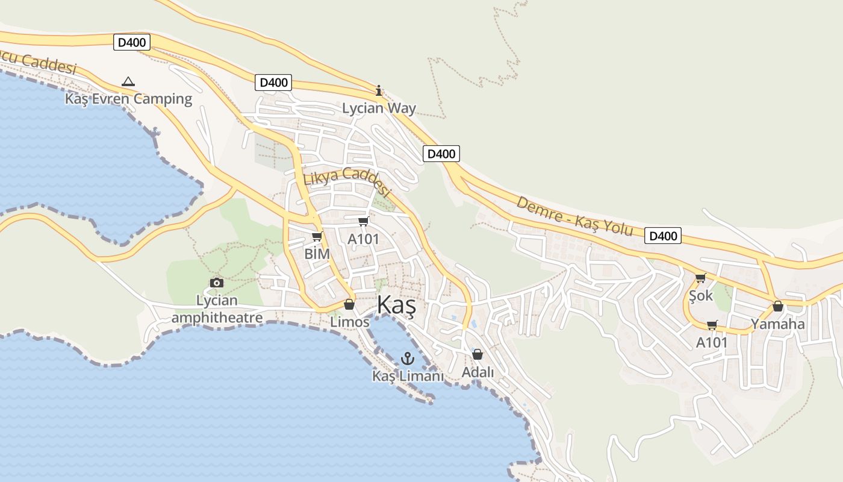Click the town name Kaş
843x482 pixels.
pyautogui.click(x=396, y=306)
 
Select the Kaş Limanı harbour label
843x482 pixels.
pyautogui.click(x=408, y=376)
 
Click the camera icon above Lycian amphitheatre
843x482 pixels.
pyautogui.click(x=217, y=283)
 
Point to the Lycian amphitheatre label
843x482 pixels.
pyautogui.click(x=217, y=309)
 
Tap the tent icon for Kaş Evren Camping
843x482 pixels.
pyautogui.click(x=128, y=81)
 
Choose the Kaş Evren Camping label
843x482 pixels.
pyautogui.click(x=128, y=99)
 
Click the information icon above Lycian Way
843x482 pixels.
pyautogui.click(x=379, y=91)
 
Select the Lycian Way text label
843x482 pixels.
pyautogui.click(x=379, y=108)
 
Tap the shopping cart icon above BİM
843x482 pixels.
pyautogui.click(x=317, y=237)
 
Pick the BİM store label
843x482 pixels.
pyautogui.click(x=317, y=254)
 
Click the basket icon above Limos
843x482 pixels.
pyautogui.click(x=349, y=304)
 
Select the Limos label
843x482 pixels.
pyautogui.click(x=349, y=322)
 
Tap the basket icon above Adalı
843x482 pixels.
pyautogui.click(x=477, y=354)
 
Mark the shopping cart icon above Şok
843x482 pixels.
pyautogui.click(x=700, y=278)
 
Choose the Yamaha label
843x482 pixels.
pyautogui.click(x=777, y=324)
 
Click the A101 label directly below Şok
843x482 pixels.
pyautogui.click(x=712, y=343)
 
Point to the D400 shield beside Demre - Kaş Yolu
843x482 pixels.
pyautogui.click(x=663, y=236)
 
